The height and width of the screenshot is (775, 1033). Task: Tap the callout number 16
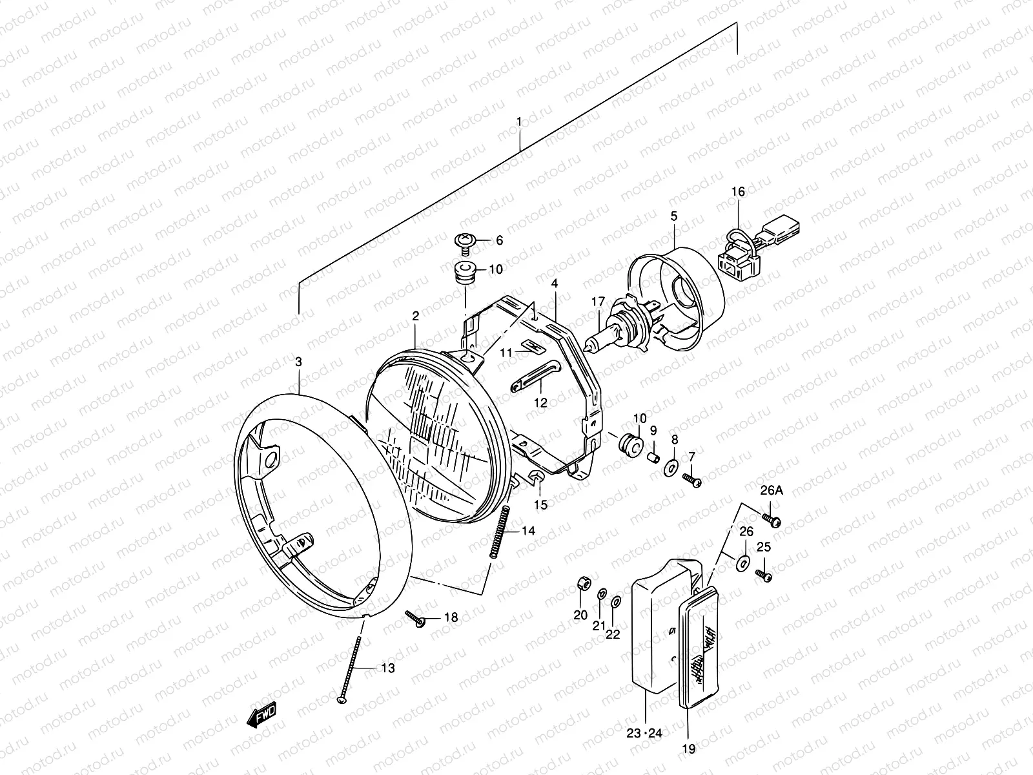tap(738, 192)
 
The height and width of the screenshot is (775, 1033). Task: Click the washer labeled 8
tap(671, 466)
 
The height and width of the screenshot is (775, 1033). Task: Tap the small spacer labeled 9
tap(652, 457)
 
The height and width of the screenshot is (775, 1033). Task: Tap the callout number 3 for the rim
tap(298, 362)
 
